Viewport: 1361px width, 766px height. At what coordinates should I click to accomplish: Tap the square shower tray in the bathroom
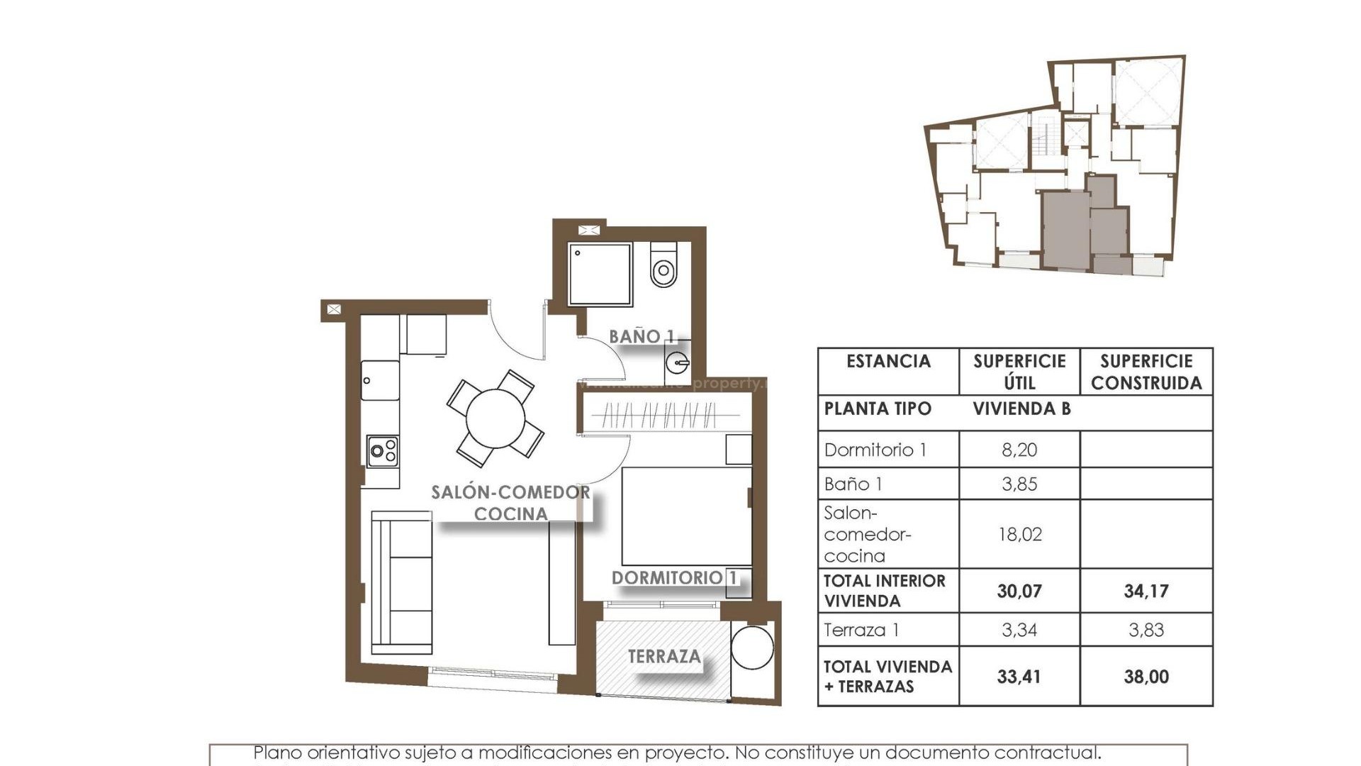[x=600, y=274]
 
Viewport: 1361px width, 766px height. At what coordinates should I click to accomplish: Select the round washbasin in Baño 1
[x=678, y=363]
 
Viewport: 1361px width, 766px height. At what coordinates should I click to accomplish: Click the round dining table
[x=495, y=418]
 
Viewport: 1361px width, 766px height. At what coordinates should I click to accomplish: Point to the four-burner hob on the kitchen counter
[x=383, y=451]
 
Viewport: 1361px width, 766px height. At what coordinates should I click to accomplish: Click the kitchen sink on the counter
[x=381, y=381]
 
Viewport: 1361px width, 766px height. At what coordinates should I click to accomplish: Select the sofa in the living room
[x=402, y=582]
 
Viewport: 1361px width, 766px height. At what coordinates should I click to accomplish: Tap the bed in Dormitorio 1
[x=686, y=516]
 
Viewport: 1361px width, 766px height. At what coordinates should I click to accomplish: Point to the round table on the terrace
[x=752, y=646]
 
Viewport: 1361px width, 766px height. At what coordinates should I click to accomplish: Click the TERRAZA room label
[x=664, y=657]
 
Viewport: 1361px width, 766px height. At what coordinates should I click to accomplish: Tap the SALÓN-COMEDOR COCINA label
[x=510, y=503]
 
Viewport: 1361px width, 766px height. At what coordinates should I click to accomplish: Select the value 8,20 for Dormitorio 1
[x=1019, y=450]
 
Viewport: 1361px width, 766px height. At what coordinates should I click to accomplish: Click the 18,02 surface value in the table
[x=1019, y=534]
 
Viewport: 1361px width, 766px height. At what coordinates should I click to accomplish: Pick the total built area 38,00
[x=1146, y=677]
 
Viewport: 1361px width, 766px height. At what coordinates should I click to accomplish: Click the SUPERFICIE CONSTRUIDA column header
[x=1146, y=372]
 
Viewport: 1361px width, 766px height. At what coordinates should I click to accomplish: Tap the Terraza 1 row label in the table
[x=861, y=630]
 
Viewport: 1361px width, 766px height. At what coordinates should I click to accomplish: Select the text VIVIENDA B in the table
[x=1021, y=409]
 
